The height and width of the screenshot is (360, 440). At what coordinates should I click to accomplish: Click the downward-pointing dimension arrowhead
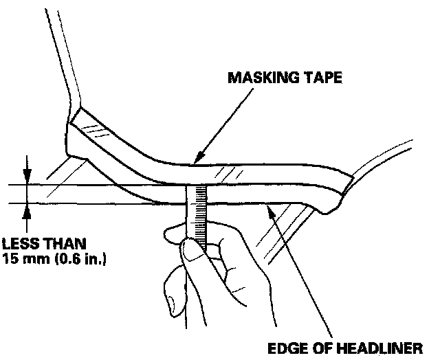[x=27, y=179]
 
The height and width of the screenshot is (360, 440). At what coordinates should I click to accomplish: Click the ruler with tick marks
[x=197, y=213]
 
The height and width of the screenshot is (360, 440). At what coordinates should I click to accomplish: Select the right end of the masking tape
[x=341, y=193]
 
